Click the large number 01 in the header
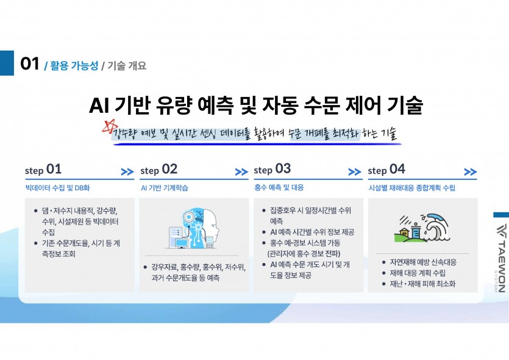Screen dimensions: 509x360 [29, 63]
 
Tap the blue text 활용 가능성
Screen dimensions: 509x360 [74, 66]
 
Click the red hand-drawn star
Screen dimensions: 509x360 [110, 126]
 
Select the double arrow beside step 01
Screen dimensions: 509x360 [127, 171]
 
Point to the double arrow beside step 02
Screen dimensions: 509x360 [241, 171]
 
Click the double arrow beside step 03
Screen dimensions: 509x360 [355, 171]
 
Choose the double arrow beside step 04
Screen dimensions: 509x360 [471, 171]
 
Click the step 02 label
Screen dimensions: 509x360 [158, 170]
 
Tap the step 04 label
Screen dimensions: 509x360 [386, 170]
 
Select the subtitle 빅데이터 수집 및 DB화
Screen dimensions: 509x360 [57, 188]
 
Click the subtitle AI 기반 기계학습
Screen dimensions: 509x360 [165, 188]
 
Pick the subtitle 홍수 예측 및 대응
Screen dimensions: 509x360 [279, 187]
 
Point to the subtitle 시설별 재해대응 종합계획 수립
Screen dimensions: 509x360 [411, 188]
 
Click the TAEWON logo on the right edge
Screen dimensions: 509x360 [501, 257]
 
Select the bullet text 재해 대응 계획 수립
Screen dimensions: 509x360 [418, 273]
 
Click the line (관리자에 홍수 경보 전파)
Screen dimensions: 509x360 [304, 253]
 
